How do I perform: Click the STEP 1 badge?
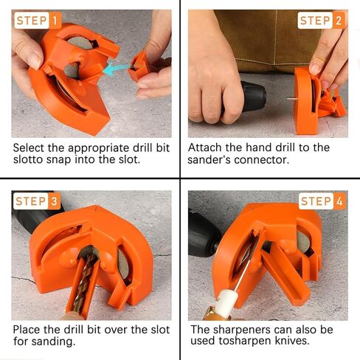pyautogui.click(x=38, y=21)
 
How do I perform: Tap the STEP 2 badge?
pyautogui.click(x=322, y=21)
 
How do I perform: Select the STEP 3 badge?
pyautogui.click(x=38, y=201)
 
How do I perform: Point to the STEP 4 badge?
pyautogui.click(x=322, y=201)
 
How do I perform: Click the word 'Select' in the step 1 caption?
pyautogui.click(x=30, y=148)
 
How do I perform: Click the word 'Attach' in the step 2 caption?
pyautogui.click(x=206, y=148)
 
